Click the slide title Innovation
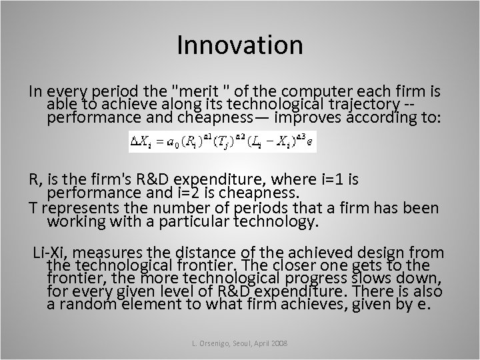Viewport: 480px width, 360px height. pyautogui.click(x=240, y=45)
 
